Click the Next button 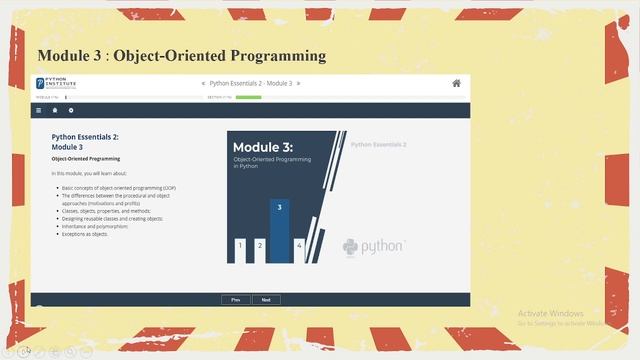(x=266, y=299)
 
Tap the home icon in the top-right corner (x=457, y=83)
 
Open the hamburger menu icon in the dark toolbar (x=39, y=110)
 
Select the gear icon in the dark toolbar (x=71, y=110)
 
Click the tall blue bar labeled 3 (x=280, y=231)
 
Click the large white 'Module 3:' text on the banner (x=263, y=147)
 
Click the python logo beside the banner (x=373, y=246)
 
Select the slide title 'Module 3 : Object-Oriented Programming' (x=181, y=55)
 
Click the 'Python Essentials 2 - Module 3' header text (x=250, y=83)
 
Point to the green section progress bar (x=248, y=97)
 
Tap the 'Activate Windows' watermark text (x=551, y=313)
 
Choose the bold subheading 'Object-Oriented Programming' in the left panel (x=86, y=159)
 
